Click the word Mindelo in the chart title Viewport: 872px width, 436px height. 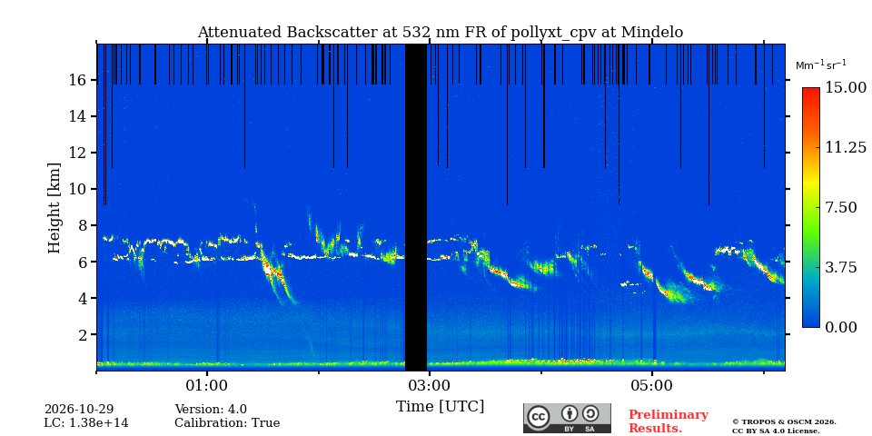click(652, 33)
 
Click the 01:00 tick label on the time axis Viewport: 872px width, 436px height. click(207, 385)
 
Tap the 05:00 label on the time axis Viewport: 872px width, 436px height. click(652, 385)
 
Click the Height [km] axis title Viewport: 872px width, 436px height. click(54, 208)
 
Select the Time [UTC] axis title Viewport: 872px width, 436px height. click(440, 407)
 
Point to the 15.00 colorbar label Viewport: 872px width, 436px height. click(846, 87)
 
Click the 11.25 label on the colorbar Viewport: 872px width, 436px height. click(846, 147)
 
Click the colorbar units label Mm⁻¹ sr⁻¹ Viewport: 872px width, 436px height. click(821, 64)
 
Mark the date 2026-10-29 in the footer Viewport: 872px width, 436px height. click(79, 410)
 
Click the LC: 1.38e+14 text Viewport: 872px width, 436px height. click(86, 423)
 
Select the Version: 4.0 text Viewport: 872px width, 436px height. click(211, 410)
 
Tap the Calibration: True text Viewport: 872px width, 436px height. click(227, 423)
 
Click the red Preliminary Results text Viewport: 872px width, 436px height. click(669, 421)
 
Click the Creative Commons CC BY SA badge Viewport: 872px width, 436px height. click(567, 418)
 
